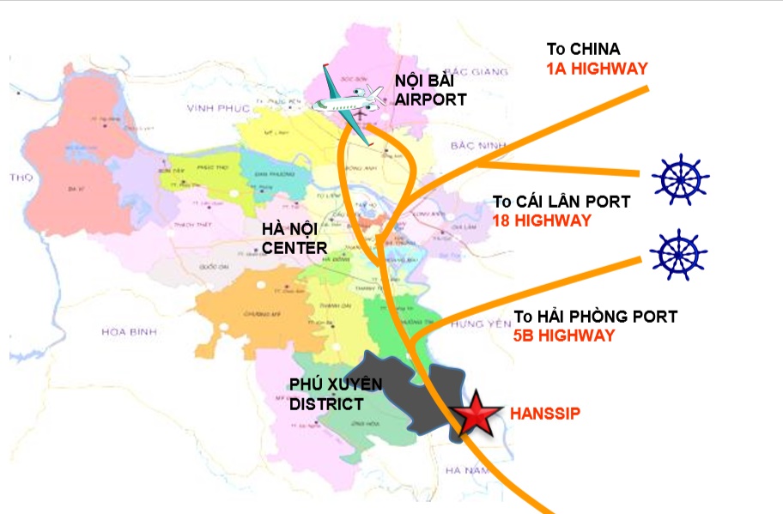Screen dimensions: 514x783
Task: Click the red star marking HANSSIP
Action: (473, 415)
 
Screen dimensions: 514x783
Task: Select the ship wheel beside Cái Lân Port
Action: (680, 179)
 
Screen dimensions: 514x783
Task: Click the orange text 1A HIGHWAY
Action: (597, 69)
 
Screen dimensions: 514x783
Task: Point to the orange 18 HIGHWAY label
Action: (542, 221)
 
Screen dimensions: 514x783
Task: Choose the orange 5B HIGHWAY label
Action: (564, 336)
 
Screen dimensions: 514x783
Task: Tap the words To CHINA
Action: (583, 49)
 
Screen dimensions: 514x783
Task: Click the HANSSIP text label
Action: (545, 413)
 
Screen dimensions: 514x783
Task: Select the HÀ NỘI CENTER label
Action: (294, 239)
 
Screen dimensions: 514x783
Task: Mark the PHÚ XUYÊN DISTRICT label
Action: (334, 394)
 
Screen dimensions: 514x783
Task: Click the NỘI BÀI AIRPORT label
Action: (430, 89)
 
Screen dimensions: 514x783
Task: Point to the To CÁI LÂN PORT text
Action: (561, 202)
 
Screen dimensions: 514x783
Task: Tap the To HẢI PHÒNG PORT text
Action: (595, 317)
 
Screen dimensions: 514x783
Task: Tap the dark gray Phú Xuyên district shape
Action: (404, 390)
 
